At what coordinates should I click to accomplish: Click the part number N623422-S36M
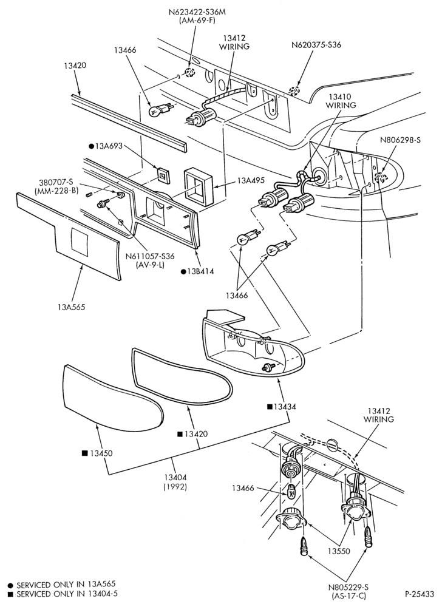[197, 12]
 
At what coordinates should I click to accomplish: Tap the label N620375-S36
[316, 45]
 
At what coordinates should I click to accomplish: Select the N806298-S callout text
[400, 140]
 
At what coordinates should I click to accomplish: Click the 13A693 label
[108, 146]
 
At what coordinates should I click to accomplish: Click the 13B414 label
[200, 271]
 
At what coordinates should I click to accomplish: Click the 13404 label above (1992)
[175, 478]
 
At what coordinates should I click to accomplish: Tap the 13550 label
[339, 551]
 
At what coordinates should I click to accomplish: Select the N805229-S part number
[349, 588]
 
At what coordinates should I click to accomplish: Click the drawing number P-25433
[420, 594]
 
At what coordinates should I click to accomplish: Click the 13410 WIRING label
[341, 101]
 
